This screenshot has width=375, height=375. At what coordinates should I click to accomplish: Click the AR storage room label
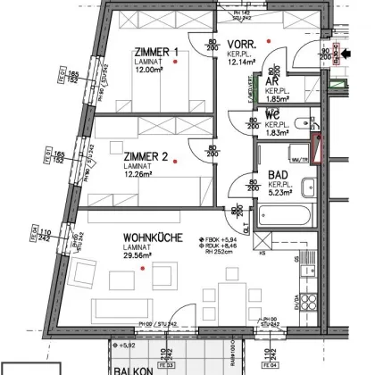pyautogui.click(x=271, y=80)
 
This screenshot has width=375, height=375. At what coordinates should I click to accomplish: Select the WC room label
pyautogui.click(x=272, y=115)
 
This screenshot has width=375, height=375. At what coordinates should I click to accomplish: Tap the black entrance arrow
pyautogui.click(x=347, y=54)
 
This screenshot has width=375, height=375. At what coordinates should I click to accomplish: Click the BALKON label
pyautogui.click(x=132, y=368)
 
